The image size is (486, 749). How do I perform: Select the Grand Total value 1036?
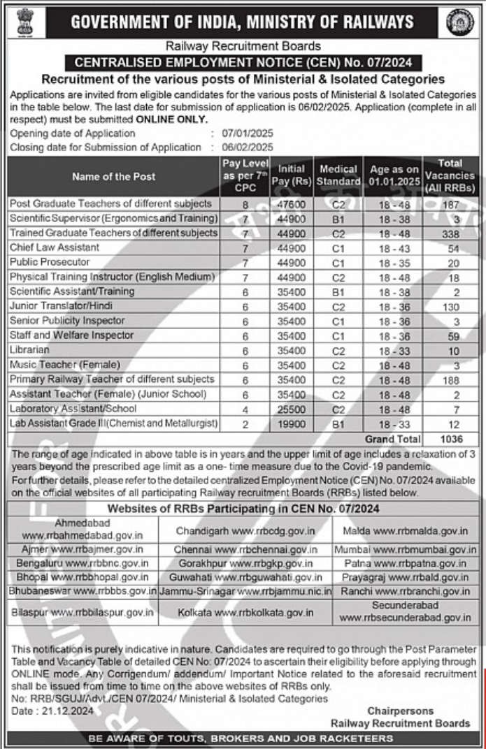pos(451,439)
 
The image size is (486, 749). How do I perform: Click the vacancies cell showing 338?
pos(451,233)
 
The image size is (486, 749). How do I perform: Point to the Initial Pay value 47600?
pos(291,204)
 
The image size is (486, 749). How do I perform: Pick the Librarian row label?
pos(29,349)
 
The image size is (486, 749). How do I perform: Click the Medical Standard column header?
pos(338,176)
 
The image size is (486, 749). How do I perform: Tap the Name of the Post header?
pos(113,176)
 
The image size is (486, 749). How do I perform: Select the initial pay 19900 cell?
pos(291,423)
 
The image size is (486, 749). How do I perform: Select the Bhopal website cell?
pos(80,577)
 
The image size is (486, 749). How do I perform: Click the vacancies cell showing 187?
pos(451,204)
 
